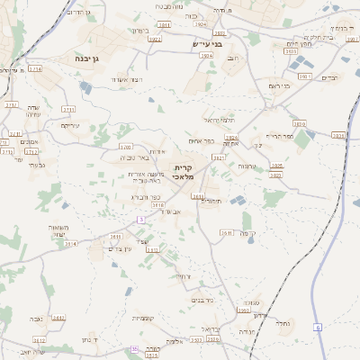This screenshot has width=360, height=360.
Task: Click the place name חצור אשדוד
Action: (126, 80)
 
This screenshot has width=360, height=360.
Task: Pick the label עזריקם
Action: (69, 125)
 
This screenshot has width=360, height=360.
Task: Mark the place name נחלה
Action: (282, 320)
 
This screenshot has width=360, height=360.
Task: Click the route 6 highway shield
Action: (318, 327)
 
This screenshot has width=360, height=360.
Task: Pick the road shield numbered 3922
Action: (154, 40)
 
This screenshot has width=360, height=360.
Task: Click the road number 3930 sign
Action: (290, 53)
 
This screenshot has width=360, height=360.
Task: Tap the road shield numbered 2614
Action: (71, 243)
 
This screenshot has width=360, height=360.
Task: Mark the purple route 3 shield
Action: (140, 219)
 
